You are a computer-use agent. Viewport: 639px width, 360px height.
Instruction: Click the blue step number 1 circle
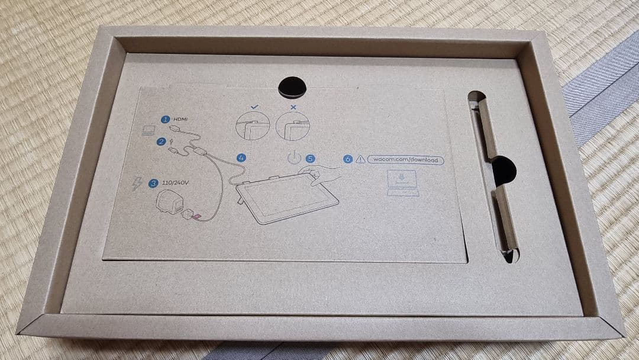click(166, 119)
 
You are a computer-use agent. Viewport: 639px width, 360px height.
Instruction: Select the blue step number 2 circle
click(161, 142)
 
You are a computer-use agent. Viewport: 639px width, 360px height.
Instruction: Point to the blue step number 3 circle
click(154, 183)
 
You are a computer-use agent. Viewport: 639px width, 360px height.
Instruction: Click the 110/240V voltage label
click(176, 183)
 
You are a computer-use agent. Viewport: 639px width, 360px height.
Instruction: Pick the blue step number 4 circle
click(241, 158)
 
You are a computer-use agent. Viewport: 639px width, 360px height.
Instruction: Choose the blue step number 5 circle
click(310, 159)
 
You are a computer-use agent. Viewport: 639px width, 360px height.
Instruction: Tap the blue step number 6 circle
click(347, 159)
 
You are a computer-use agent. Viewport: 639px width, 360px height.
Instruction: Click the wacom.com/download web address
click(405, 159)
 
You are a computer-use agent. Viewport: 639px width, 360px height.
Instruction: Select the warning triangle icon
click(360, 159)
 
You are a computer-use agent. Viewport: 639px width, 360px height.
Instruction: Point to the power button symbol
click(293, 158)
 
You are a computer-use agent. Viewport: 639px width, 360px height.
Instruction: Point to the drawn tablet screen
click(287, 198)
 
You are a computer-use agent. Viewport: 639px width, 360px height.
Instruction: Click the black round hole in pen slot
click(503, 170)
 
